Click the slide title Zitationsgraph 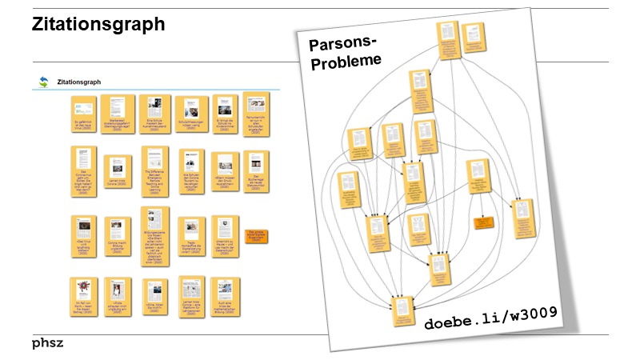[x=98, y=25]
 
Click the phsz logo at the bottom [x=48, y=343]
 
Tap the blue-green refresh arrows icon [x=43, y=82]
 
